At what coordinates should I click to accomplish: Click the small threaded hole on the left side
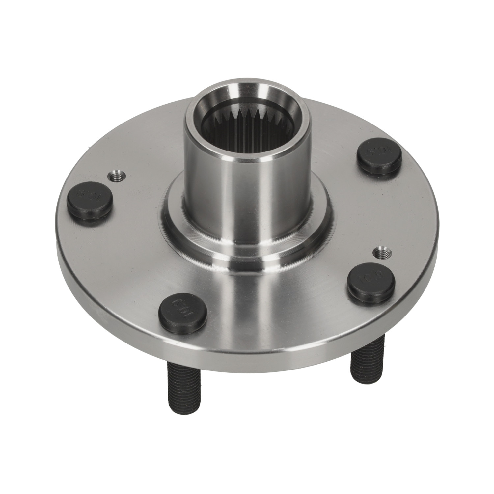(117, 177)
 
